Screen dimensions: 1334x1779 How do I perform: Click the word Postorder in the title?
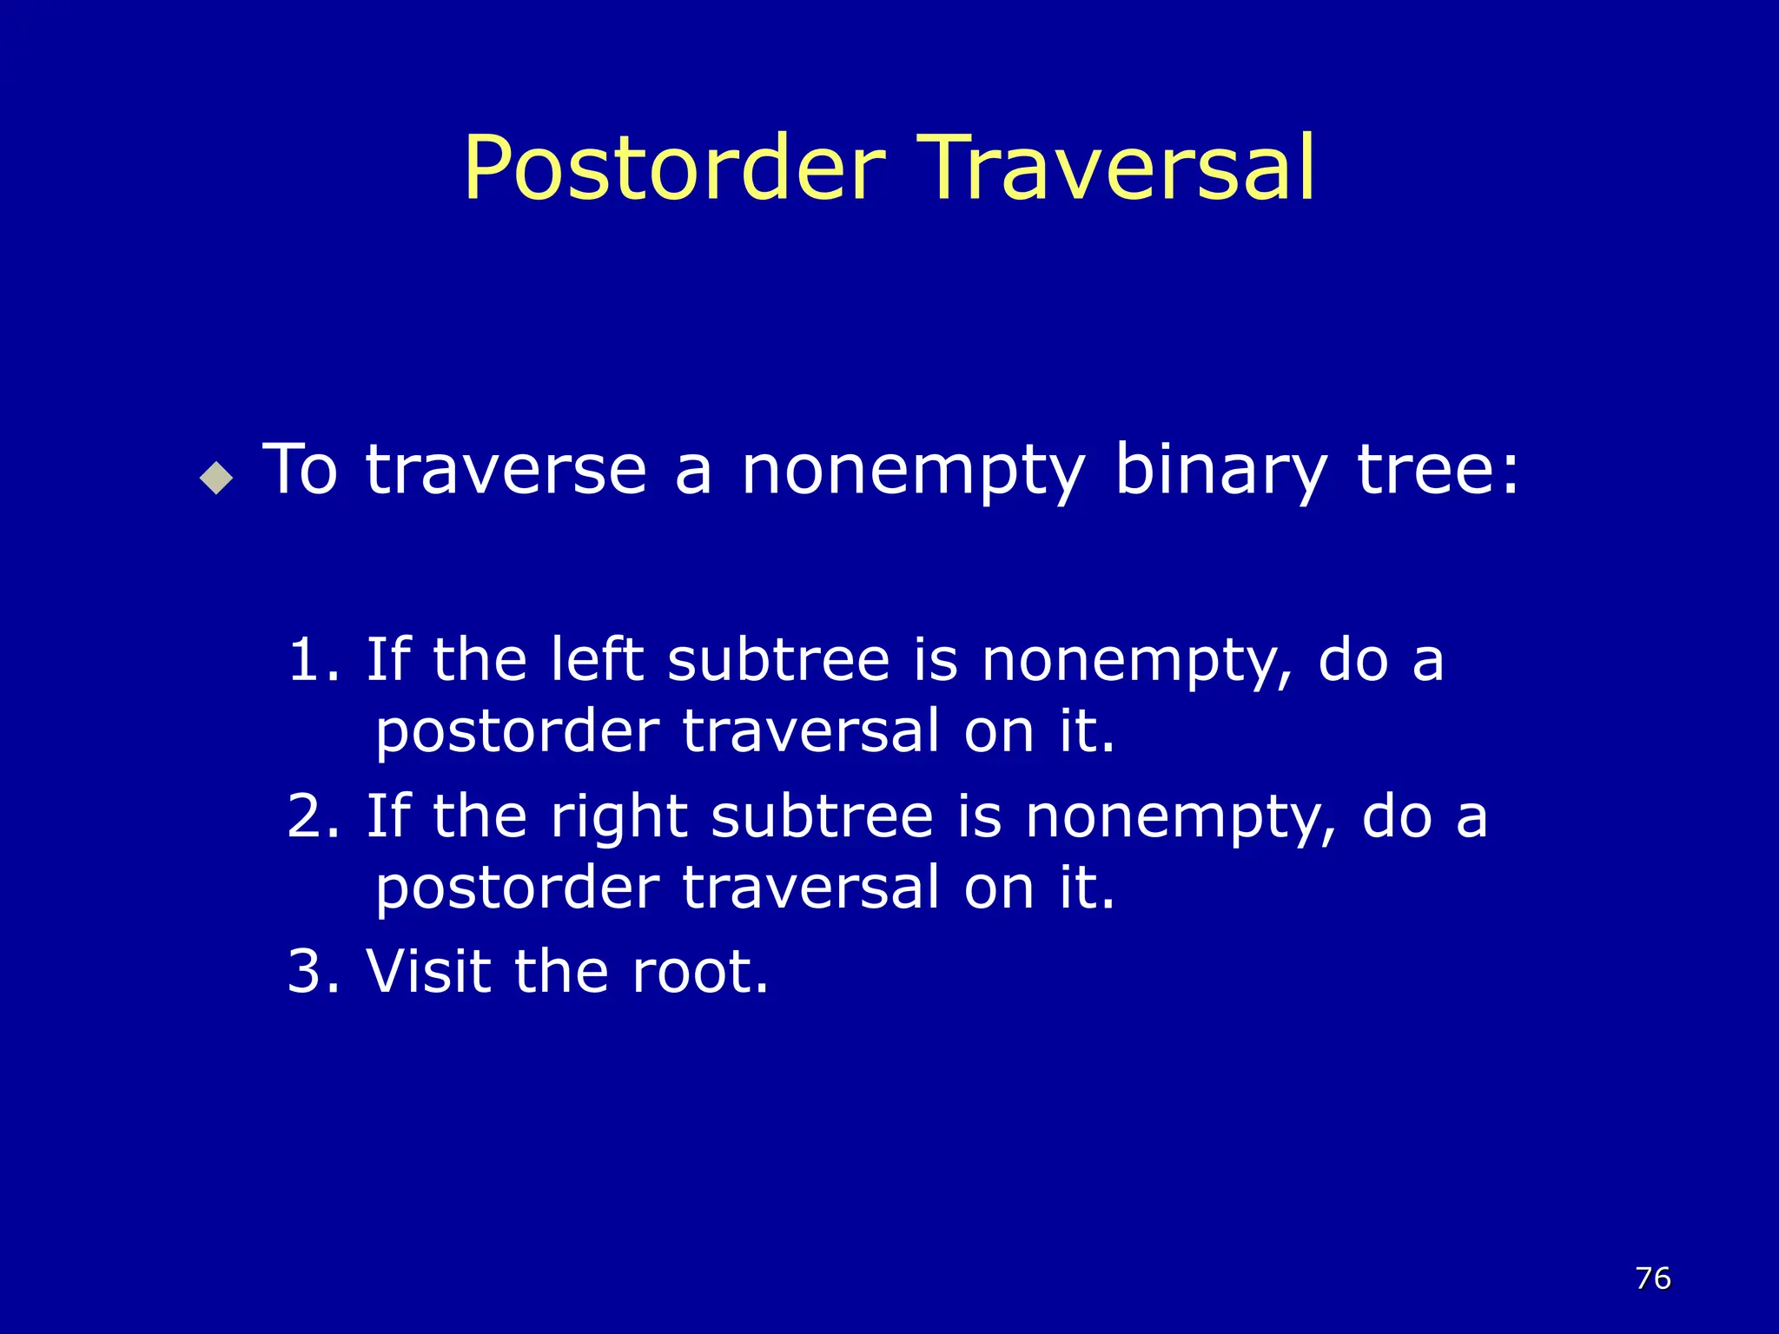click(675, 169)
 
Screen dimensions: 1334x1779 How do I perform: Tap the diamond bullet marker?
click(216, 477)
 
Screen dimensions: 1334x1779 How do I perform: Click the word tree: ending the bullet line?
click(1438, 470)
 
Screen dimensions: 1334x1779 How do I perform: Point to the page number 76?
click(1652, 1278)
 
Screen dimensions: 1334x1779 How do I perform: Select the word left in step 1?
click(597, 659)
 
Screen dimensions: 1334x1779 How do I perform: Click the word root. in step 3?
click(700, 973)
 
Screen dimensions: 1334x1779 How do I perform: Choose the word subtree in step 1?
click(778, 660)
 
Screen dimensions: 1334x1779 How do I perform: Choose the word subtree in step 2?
click(822, 817)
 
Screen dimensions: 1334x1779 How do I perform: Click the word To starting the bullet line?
click(300, 470)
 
